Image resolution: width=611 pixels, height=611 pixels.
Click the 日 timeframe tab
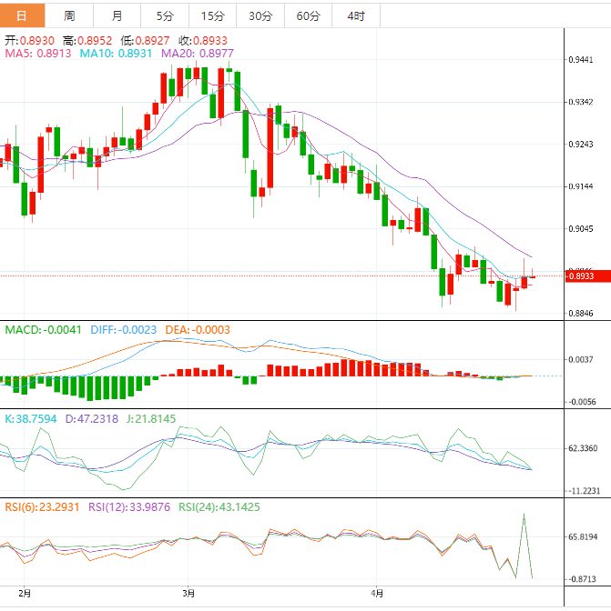click(x=21, y=15)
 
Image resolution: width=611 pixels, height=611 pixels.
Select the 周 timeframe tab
click(x=70, y=15)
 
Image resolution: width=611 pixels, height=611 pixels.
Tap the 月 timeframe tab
click(x=117, y=15)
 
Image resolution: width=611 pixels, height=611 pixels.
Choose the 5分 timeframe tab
click(x=164, y=15)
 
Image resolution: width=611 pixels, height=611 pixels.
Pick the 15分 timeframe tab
click(x=212, y=15)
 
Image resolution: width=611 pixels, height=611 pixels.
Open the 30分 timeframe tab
click(x=260, y=15)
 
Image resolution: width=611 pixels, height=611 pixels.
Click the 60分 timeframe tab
click(x=308, y=15)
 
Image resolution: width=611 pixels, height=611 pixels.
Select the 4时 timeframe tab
click(x=356, y=15)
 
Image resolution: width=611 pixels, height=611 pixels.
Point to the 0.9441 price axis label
click(x=581, y=60)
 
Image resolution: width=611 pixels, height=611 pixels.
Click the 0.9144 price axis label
click(x=581, y=186)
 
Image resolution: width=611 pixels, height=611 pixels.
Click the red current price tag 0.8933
click(x=581, y=276)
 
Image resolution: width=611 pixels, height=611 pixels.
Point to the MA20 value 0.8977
click(x=198, y=54)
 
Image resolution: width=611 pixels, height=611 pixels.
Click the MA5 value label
click(x=40, y=54)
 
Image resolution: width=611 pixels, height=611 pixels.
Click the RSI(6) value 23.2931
click(x=41, y=506)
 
